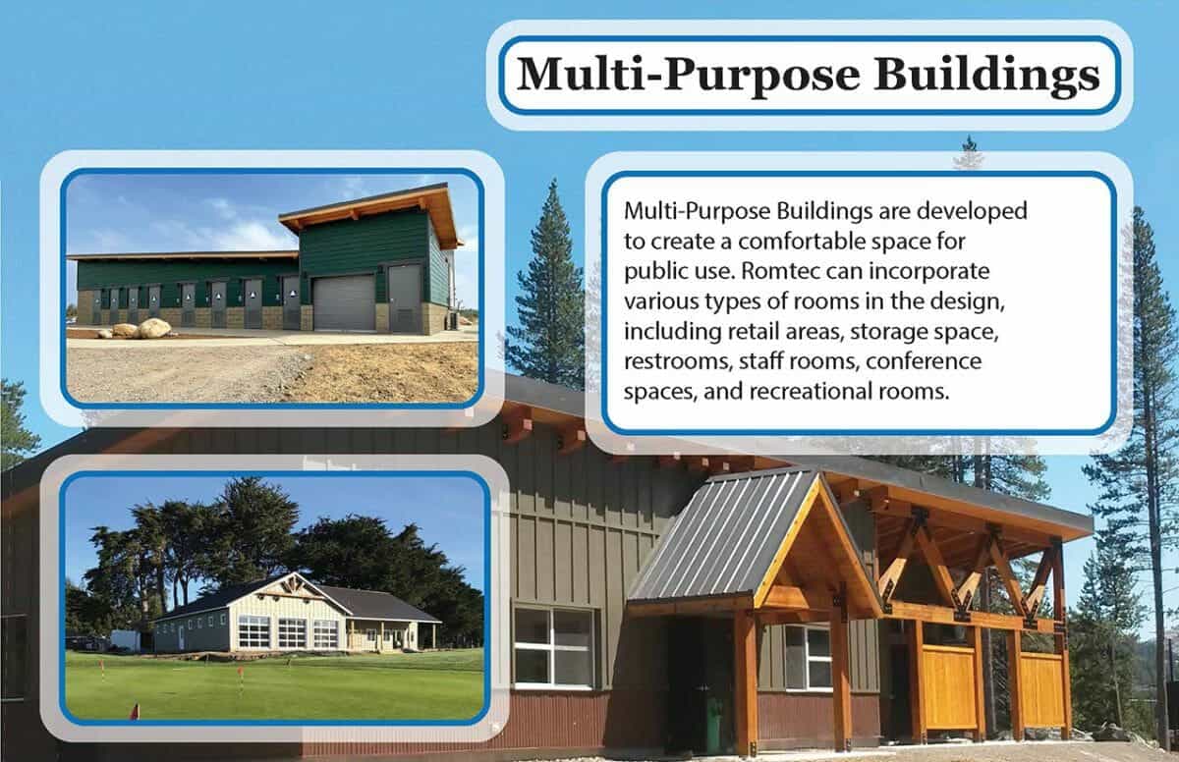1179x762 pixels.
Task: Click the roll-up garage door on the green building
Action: tap(344, 301)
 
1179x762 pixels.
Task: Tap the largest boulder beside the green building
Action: tap(153, 328)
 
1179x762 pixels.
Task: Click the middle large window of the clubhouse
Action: tap(292, 632)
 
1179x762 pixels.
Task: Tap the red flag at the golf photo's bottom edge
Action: tap(135, 709)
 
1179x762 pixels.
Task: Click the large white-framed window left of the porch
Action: tap(554, 646)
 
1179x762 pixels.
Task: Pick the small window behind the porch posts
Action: tap(807, 656)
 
